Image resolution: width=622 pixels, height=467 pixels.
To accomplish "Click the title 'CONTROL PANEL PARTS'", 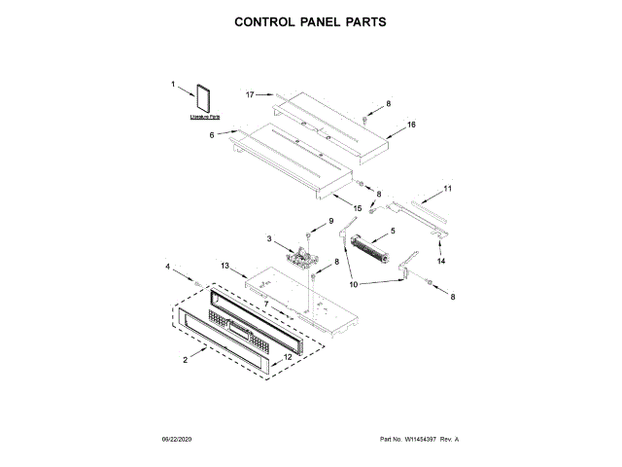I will click(x=310, y=20).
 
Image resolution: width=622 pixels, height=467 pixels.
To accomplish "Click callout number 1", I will click(x=173, y=85).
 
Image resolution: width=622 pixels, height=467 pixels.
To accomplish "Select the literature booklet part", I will click(x=205, y=100).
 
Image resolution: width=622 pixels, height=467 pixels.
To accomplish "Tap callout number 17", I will click(x=250, y=94).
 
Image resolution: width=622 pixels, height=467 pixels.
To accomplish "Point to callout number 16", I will click(x=411, y=125).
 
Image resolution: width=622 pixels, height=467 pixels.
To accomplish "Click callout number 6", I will click(x=211, y=135).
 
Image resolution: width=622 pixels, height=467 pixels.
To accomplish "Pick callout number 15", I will click(x=357, y=207).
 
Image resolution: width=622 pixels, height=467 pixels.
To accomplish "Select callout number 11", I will click(x=448, y=187).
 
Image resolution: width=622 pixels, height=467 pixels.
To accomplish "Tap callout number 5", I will click(x=392, y=231).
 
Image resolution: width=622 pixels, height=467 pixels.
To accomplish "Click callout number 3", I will click(x=269, y=237).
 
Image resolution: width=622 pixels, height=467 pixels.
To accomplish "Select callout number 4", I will click(x=166, y=266).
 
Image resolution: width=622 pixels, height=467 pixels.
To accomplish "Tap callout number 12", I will click(x=288, y=357).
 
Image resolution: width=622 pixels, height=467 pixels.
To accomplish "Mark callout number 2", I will click(x=186, y=360).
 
